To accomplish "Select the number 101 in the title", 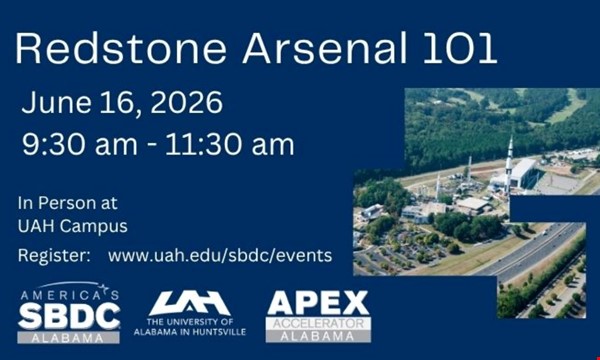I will click(455, 47).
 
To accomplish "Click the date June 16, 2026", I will click(122, 103).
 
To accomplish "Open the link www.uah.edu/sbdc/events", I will click(220, 256).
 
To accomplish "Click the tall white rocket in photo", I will click(509, 160).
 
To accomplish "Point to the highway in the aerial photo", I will click(530, 250).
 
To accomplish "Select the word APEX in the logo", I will click(318, 303).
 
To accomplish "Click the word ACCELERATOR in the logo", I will click(318, 324).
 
